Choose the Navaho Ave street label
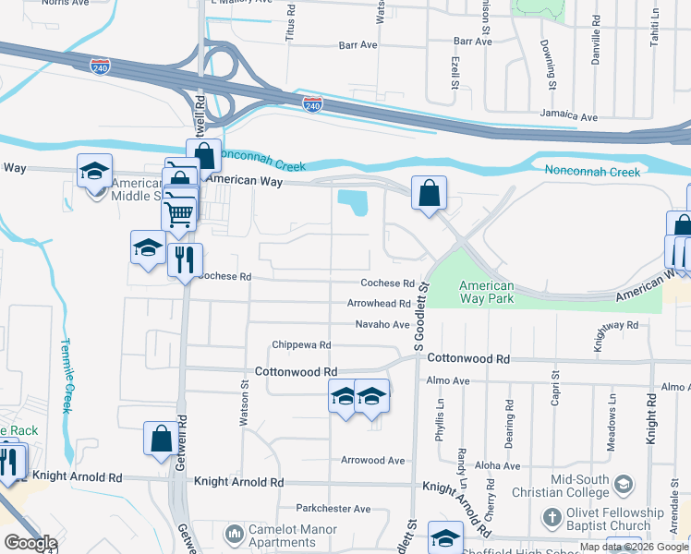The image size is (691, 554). coord(382,324)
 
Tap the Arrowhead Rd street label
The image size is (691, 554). coord(378,304)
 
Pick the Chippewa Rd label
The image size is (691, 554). coord(301,345)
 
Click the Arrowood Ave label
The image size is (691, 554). coord(373,460)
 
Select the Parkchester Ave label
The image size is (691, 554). coord(333,509)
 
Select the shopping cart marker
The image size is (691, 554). coord(178,213)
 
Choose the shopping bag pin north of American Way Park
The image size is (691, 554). coord(429,193)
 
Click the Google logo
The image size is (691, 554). coord(30,543)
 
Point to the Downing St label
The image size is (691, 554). coord(549,65)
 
